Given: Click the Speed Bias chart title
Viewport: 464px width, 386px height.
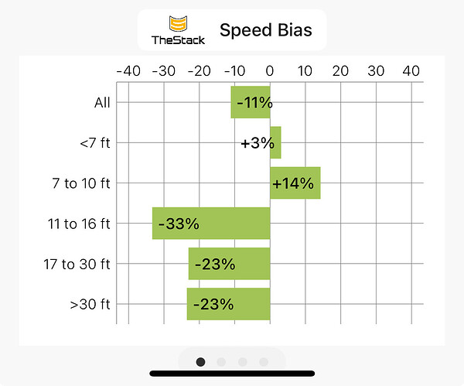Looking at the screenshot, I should pos(265,31).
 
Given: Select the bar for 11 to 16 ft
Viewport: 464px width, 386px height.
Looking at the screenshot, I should pos(210,224).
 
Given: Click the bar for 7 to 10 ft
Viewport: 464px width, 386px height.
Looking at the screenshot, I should pos(295,183).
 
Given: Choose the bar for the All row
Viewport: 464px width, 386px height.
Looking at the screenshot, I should pos(251,102).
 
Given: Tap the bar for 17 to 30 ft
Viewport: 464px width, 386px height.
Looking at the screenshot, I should pos(229,264).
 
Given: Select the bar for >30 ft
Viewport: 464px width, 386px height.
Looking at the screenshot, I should pos(228,304).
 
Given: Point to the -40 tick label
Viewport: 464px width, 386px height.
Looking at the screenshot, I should pos(128,71).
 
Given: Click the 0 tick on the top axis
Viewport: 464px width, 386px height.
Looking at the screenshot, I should pos(270,71).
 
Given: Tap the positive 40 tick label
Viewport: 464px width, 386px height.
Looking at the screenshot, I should pos(411,71).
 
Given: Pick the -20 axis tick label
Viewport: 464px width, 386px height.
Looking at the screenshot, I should pos(199,71).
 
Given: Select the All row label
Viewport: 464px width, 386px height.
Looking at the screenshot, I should pos(102,102).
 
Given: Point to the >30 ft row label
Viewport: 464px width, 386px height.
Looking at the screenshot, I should pos(90,304).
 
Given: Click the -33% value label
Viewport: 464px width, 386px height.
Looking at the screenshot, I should pos(179,224).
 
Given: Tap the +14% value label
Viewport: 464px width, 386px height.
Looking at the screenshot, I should pos(293,183).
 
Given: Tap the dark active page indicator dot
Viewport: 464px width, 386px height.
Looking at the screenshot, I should pos(201,361).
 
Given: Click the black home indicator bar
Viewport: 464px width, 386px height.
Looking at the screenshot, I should pos(232,374).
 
